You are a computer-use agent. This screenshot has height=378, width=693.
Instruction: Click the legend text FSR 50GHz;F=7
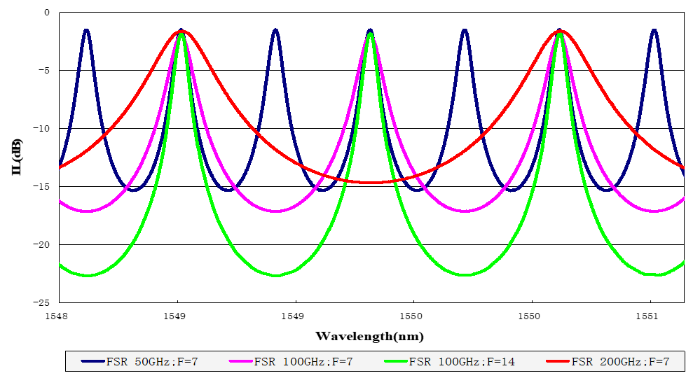coord(148,362)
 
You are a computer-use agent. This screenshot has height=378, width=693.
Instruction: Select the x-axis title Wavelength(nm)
coord(369,337)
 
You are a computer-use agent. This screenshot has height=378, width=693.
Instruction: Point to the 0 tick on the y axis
coord(47,13)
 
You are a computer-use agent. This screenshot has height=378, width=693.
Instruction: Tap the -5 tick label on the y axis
coord(44,71)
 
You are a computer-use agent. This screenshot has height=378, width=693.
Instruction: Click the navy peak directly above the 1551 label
coord(654,30)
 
